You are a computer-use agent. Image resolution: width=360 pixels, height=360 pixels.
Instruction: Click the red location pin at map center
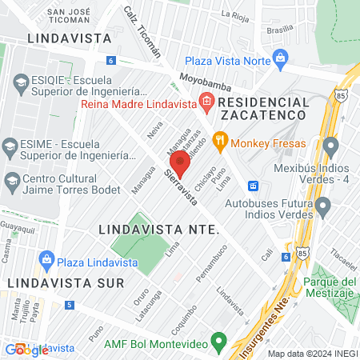[180, 163]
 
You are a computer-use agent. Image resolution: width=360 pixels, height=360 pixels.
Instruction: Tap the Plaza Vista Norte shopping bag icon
[280, 58]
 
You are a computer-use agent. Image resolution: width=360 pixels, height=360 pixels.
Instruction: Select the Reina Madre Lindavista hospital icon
[206, 102]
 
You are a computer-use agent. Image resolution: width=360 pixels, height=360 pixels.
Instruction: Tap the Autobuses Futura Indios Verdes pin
[323, 209]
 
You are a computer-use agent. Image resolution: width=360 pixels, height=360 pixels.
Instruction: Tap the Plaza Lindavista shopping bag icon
[46, 261]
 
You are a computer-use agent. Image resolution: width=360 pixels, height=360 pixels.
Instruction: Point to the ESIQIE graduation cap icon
[18, 80]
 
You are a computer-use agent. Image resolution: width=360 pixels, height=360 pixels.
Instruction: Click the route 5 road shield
[70, 305]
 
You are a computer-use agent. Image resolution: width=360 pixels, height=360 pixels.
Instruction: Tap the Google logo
[26, 350]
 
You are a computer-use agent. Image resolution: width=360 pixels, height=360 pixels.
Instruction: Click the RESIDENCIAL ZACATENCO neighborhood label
[262, 109]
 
